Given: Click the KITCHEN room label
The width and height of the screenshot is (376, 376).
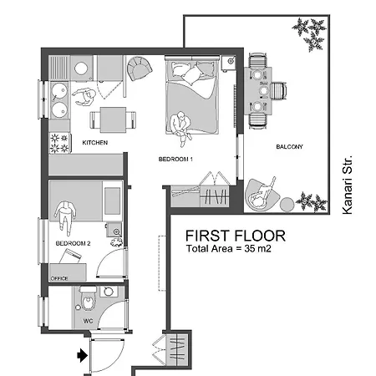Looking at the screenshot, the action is point(95,143).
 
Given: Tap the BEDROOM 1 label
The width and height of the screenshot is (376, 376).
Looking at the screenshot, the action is point(175,160).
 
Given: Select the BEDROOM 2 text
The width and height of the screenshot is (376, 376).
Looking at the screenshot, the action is point(73,243).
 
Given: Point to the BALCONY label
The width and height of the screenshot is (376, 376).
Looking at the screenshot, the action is point(289,147).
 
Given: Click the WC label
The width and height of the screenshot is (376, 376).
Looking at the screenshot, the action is point(88,321).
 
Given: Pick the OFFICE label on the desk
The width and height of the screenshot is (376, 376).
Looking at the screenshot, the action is point(59,278).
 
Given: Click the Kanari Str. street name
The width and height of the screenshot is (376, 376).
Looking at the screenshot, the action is point(348,185).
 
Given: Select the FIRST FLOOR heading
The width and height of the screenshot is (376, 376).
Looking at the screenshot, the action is point(236,236).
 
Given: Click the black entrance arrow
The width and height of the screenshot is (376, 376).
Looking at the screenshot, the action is point(82,355).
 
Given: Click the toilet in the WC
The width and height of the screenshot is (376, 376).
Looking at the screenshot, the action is point(88,298).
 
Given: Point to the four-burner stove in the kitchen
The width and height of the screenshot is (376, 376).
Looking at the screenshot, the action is point(60,143).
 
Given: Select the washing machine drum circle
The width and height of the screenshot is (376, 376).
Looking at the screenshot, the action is point(81,69).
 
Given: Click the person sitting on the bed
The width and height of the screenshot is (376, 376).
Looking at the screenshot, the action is point(180,127).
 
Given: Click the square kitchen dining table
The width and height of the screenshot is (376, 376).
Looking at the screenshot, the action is point(113,120).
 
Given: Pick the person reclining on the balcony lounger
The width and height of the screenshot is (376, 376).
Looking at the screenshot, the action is point(262,195).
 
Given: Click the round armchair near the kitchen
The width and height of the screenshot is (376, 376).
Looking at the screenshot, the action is point(140,69).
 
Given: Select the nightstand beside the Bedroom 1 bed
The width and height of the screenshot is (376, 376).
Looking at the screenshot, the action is point(228,64).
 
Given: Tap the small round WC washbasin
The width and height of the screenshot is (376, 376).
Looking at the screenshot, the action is point(108,292).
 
